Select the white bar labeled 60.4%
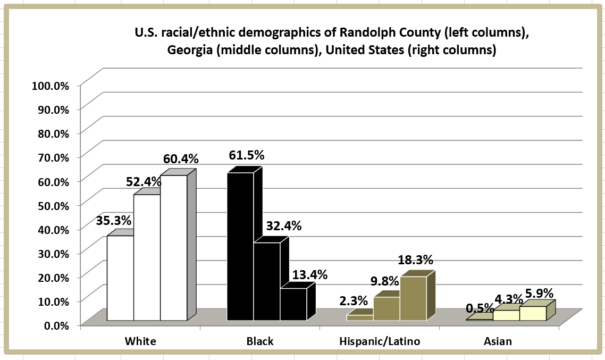click(x=174, y=248)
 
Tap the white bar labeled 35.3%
click(x=120, y=278)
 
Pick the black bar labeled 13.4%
click(x=293, y=304)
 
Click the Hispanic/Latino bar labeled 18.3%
click(x=413, y=298)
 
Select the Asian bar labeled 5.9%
click(x=533, y=313)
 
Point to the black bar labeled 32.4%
click(x=267, y=281)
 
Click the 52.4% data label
click(x=144, y=182)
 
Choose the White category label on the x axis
click(x=140, y=341)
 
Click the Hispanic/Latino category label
click(x=380, y=341)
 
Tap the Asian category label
click(x=498, y=341)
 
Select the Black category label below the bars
click(x=260, y=341)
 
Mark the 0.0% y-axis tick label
click(x=57, y=325)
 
